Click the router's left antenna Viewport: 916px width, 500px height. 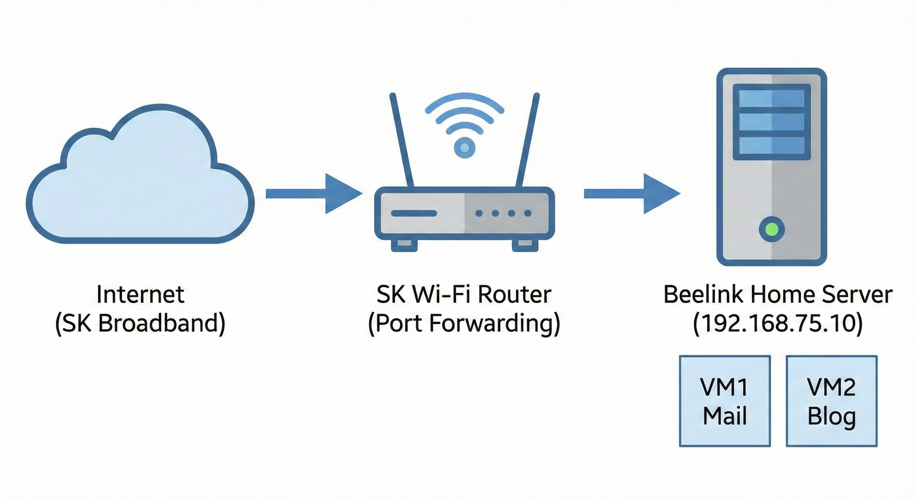pos(402,140)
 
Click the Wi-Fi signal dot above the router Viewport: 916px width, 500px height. pos(464,148)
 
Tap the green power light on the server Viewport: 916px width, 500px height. pos(772,229)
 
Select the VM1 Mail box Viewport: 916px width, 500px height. pos(725,401)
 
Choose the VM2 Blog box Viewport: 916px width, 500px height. pos(831,401)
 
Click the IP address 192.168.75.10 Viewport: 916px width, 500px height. pos(778,324)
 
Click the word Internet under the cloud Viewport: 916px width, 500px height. pos(140,294)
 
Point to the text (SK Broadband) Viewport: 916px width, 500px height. pos(140,324)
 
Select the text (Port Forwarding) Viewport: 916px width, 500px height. pos(464,324)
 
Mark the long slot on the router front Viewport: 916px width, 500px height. pos(414,214)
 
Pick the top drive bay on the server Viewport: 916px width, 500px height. pos(772,98)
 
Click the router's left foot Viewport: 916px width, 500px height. pos(404,245)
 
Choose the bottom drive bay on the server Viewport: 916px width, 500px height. pos(772,146)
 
